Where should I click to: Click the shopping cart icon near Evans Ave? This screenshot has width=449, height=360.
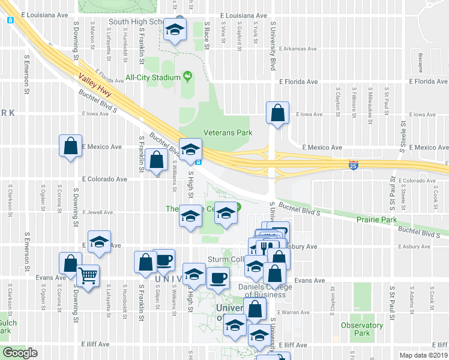pos(88,277)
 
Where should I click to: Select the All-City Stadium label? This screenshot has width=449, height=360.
pos(153,77)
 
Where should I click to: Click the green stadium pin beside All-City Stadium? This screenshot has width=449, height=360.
pos(187,77)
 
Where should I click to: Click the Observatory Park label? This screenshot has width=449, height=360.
pos(361,329)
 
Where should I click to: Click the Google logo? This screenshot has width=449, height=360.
pos(20,353)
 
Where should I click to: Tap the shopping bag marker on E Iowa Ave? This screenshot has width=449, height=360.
pos(277,113)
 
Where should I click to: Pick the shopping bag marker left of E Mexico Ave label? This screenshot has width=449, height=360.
pos(71,146)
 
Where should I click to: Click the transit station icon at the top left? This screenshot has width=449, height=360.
pos(10,20)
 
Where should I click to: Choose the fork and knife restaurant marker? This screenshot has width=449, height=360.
pos(265,247)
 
